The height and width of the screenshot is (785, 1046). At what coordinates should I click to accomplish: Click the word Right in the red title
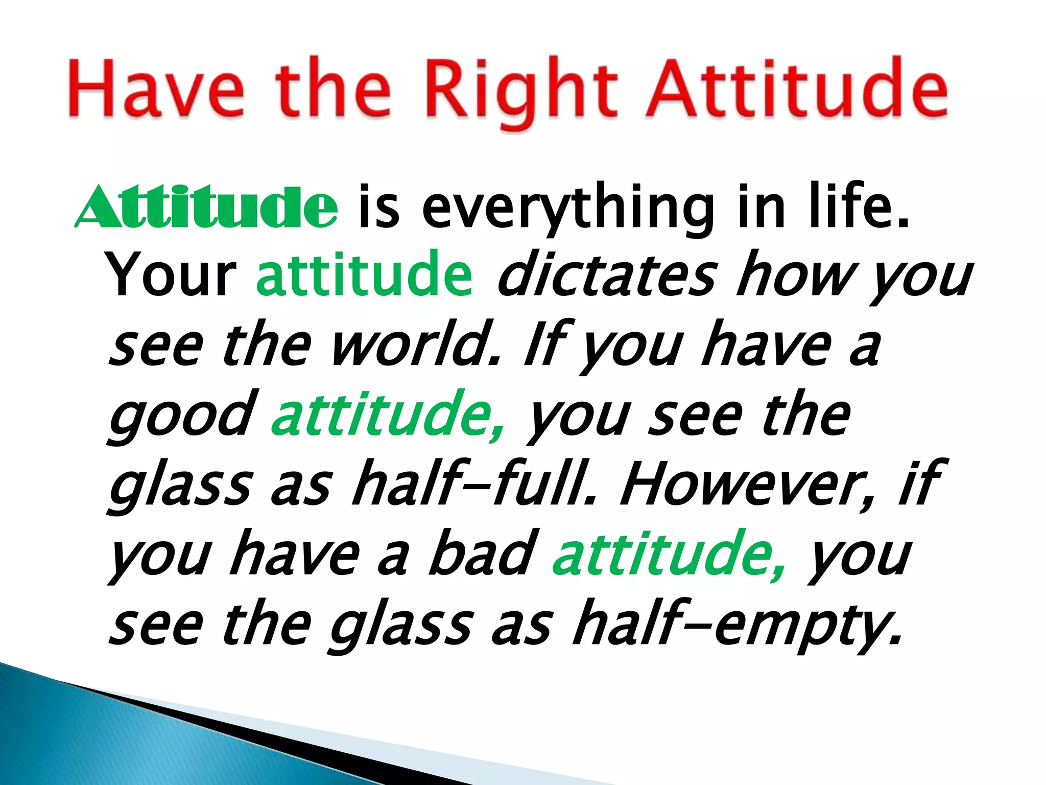(527, 89)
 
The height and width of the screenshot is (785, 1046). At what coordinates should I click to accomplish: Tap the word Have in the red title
(156, 87)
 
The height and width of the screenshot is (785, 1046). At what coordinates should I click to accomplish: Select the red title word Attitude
(797, 87)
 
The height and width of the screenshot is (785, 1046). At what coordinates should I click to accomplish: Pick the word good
(181, 417)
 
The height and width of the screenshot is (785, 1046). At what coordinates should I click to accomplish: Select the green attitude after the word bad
(669, 554)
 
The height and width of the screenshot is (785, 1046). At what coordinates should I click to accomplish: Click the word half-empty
(736, 626)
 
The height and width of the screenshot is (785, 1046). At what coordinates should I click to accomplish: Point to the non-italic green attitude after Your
(365, 276)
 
